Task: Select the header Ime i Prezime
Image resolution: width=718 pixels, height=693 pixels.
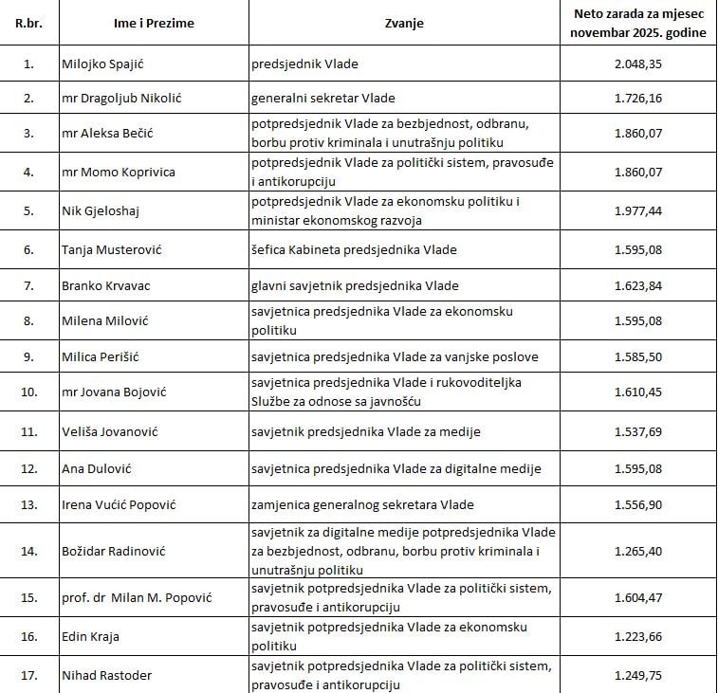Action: tap(153, 23)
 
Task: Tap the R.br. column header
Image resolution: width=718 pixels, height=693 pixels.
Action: tap(28, 23)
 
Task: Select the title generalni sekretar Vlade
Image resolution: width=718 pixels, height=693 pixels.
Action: tap(322, 98)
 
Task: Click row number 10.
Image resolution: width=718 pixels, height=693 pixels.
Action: tap(28, 392)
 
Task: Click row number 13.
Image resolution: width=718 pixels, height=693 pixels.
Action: tap(28, 504)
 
